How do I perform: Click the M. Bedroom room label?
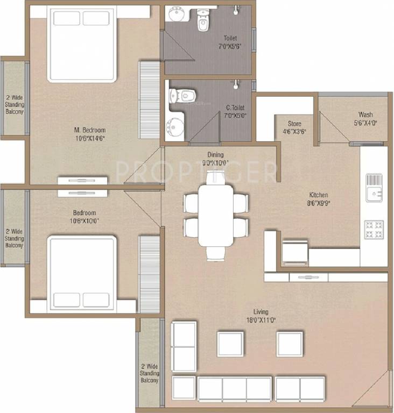pyautogui.click(x=90, y=133)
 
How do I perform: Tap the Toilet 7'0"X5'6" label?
pyautogui.click(x=230, y=42)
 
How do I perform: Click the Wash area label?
pyautogui.click(x=365, y=118)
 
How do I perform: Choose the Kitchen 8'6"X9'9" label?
pyautogui.click(x=319, y=198)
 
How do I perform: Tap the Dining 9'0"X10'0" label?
pyautogui.click(x=215, y=159)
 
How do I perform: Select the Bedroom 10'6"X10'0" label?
pyautogui.click(x=84, y=217)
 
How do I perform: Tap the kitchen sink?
pyautogui.click(x=374, y=188)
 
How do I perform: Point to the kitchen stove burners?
pyautogui.click(x=374, y=230)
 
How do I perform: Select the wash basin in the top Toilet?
pyautogui.click(x=176, y=13)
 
